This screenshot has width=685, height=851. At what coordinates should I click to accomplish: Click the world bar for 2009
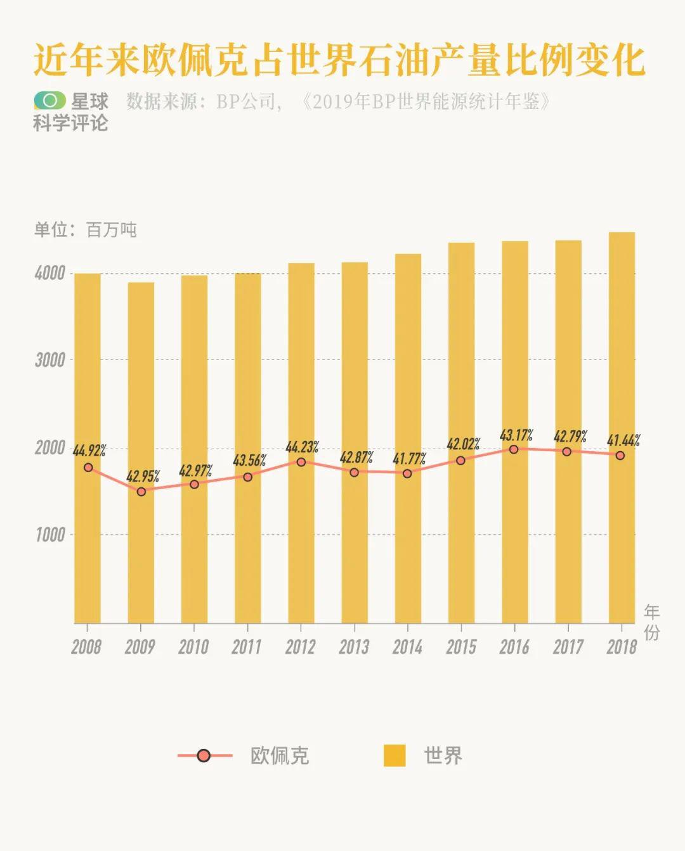141,558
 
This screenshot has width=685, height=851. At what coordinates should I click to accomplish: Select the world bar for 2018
622,539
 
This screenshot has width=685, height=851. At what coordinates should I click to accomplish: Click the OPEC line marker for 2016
514,449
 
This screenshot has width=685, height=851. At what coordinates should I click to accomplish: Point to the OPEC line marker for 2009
141,491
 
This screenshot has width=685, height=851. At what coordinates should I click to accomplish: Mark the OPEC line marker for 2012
301,462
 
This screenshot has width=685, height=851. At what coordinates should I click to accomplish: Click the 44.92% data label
89,451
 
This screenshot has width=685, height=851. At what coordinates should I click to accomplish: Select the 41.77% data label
409,458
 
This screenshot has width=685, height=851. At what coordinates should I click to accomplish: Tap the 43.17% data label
516,435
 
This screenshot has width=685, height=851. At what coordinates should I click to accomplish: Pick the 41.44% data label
623,440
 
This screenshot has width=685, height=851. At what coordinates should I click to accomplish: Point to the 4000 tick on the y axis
50,274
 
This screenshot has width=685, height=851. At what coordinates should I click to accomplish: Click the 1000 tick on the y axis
50,535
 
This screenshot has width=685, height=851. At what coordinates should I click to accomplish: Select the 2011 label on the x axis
246,647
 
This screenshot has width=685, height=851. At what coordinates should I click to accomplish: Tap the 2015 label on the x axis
460,647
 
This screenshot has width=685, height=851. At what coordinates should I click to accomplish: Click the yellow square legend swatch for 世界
395,755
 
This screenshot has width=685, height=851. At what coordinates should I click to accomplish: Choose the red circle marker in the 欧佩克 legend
204,755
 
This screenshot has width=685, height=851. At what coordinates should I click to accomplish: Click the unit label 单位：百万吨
85,229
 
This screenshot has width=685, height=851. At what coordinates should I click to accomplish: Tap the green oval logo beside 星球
49,100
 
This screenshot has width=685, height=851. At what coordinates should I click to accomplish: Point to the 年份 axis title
652,622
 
